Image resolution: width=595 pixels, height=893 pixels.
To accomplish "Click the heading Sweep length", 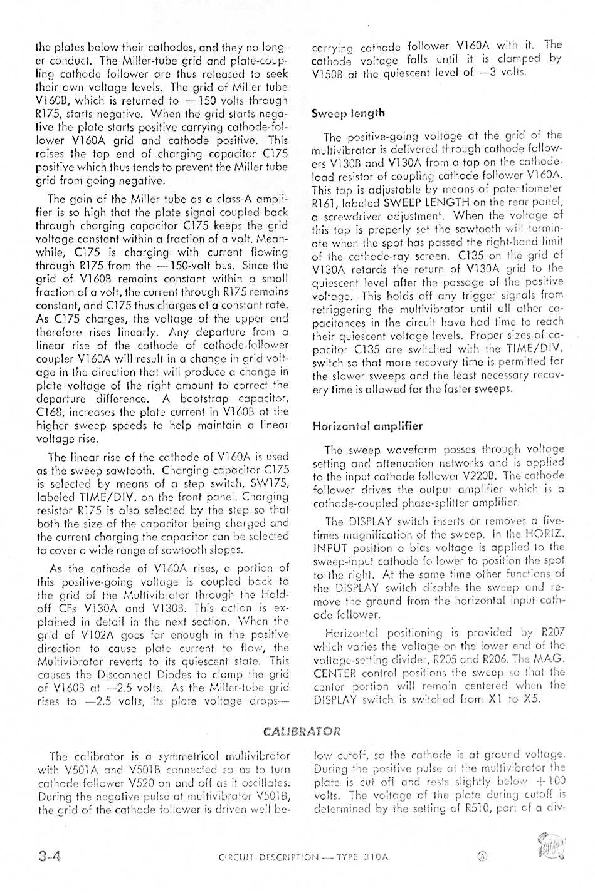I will click(x=348, y=114).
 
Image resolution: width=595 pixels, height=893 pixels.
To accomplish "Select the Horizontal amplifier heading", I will click(x=367, y=426).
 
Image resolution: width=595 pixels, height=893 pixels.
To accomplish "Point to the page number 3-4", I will click(x=48, y=857).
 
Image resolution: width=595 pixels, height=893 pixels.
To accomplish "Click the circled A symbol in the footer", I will click(x=482, y=857).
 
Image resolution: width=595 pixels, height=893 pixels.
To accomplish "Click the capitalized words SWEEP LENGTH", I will click(x=426, y=202).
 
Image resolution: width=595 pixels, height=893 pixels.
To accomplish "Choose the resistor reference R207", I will click(x=552, y=632).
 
